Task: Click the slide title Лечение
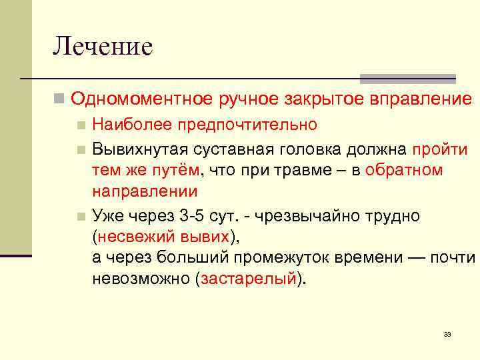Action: (103, 46)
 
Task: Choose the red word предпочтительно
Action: (242, 125)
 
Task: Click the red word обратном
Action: (404, 170)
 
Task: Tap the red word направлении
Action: (145, 192)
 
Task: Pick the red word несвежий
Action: (131, 237)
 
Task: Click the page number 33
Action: (447, 334)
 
